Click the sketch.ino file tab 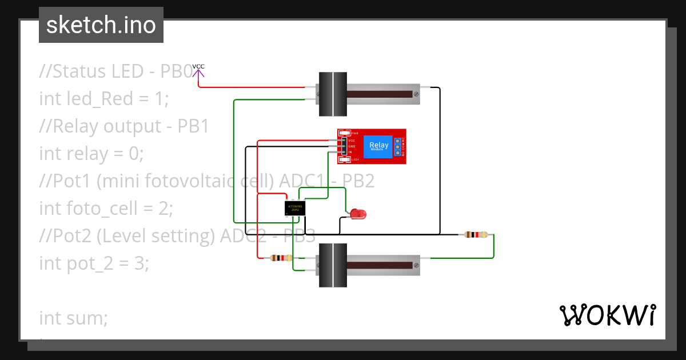(101, 25)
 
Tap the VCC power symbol (198, 71)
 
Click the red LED (358, 214)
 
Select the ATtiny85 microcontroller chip (295, 208)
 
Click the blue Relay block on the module (378, 146)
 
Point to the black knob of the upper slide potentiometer (332, 94)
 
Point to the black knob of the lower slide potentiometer (332, 265)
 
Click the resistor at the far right (476, 234)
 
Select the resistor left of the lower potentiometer (281, 258)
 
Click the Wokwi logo (607, 315)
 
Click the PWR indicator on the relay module (344, 133)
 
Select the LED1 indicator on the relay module (344, 160)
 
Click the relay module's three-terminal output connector (397, 147)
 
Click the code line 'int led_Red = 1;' (104, 98)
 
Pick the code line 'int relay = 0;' (91, 153)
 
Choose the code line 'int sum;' (73, 318)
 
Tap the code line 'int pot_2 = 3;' (94, 263)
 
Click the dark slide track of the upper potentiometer (380, 94)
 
